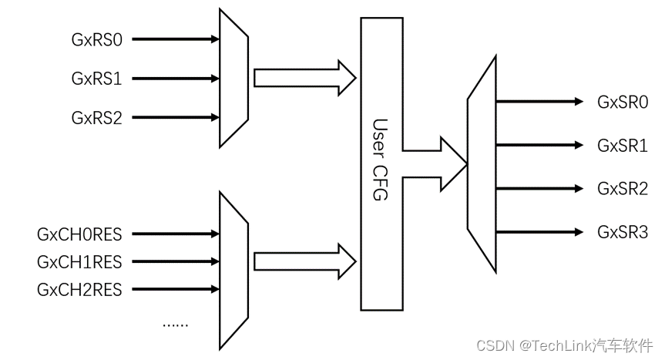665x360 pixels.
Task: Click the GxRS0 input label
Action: point(96,38)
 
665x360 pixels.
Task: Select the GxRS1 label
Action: point(96,78)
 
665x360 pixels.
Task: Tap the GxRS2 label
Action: point(96,118)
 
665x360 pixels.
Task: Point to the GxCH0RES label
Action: point(79,234)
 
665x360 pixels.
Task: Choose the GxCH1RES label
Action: point(79,261)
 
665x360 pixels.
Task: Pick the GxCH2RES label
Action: point(79,289)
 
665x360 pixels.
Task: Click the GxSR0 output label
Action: point(623,102)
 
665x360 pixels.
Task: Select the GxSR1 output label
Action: point(623,145)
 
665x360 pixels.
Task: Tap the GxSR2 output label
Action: point(623,188)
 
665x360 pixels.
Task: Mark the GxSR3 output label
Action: point(623,231)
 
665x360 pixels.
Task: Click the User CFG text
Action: point(380,160)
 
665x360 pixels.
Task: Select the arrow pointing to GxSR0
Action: point(539,101)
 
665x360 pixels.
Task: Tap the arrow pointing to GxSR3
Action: point(539,230)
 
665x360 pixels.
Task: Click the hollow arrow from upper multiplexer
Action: point(304,78)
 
